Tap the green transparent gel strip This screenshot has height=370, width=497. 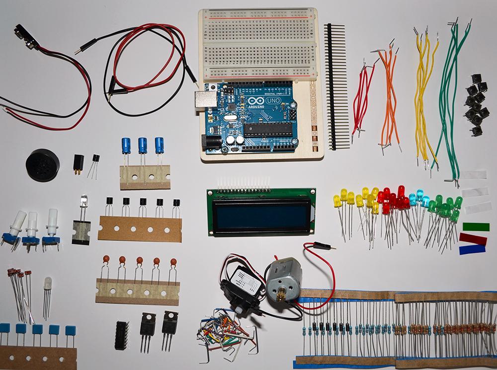476,226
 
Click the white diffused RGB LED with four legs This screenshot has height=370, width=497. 47,284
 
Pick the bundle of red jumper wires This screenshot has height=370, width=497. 363,99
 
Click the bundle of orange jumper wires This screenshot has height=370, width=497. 390,99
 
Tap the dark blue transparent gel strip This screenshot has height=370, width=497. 472,249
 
